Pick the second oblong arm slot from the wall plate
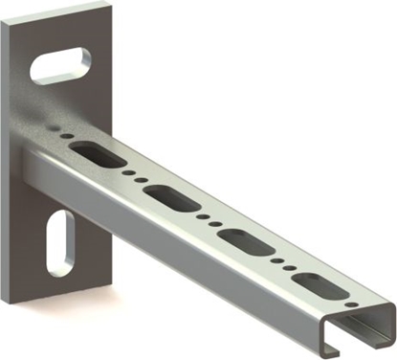tap(171, 198)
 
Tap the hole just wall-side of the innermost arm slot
tap(65, 136)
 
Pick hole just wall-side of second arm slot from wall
tap(140, 180)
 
